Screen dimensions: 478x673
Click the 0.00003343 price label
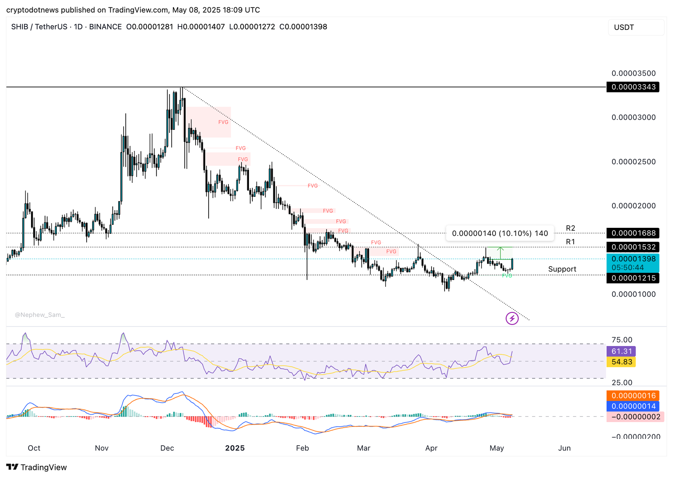coord(633,87)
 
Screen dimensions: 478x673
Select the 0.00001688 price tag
coord(633,233)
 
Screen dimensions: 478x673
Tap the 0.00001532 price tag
coord(633,247)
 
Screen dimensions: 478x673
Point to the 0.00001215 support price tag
coord(633,278)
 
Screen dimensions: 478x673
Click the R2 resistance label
coord(570,228)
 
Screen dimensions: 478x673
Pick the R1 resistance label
coord(570,242)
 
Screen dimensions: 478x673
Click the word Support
coord(562,269)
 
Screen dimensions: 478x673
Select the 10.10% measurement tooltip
coord(500,233)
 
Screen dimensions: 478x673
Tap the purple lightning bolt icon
coord(512,319)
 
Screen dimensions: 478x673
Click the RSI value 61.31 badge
coord(621,351)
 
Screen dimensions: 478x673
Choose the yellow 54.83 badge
coord(621,362)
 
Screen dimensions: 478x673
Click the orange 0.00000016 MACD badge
coord(633,396)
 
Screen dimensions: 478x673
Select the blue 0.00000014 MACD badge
coord(633,406)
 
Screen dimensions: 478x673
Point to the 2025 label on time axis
coord(235,448)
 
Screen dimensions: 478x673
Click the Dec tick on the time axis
coord(167,448)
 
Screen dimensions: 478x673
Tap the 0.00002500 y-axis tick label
coord(633,162)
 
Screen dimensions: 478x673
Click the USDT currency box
coord(636,27)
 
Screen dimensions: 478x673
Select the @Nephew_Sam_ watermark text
coord(40,315)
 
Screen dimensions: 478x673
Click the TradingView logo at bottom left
coord(37,467)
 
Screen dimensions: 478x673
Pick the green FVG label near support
coord(507,276)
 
